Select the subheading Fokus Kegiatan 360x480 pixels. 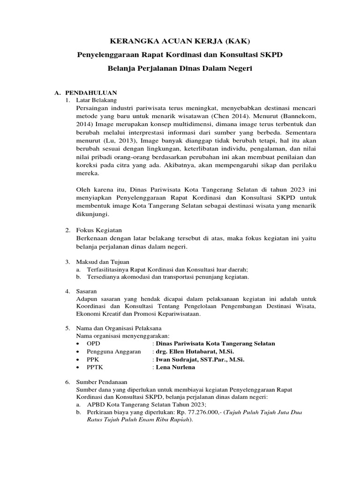[x=99, y=230]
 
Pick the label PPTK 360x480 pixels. [x=95, y=367]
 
